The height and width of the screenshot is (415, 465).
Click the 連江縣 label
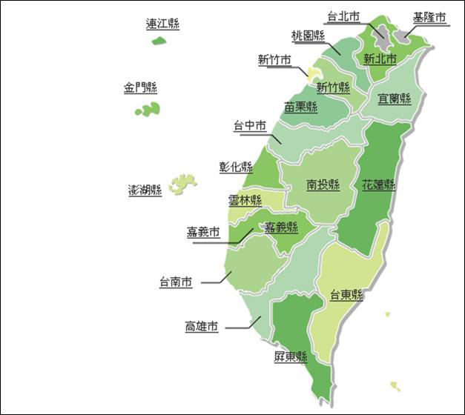click(162, 24)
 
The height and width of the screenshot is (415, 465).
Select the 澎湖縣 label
click(145, 190)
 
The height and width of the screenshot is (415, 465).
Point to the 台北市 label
click(343, 16)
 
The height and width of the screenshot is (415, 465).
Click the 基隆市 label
click(430, 17)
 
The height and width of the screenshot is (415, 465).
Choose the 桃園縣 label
click(309, 36)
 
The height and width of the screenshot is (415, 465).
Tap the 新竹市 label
click(274, 61)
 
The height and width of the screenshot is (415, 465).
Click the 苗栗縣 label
click(300, 107)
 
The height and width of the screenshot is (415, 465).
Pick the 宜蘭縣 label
click(394, 98)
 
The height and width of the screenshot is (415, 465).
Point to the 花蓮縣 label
click(378, 184)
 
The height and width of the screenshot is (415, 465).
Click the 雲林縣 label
click(245, 200)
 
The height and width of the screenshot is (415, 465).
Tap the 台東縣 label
click(346, 294)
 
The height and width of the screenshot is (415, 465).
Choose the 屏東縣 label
click(290, 357)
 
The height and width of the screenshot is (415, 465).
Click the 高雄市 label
click(201, 326)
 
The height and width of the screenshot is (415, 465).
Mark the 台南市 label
click(176, 282)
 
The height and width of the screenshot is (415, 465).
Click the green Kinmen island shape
click(148, 110)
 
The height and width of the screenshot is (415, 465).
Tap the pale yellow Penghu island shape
click(182, 182)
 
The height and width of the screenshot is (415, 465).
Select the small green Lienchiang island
click(158, 40)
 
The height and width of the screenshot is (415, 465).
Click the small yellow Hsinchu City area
click(314, 73)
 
